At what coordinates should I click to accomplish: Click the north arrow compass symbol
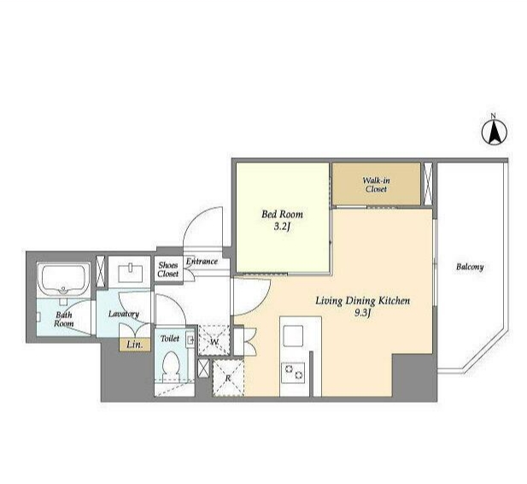tap(495, 132)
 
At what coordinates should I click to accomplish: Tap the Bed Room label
tap(283, 214)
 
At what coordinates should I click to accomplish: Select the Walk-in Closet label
tap(376, 185)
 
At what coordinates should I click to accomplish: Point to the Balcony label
tap(470, 267)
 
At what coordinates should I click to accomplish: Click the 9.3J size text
tap(362, 313)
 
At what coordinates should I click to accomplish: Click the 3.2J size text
tap(282, 227)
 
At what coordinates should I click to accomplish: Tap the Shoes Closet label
tap(168, 269)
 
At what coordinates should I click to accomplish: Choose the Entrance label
tap(202, 261)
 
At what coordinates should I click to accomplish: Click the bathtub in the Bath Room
tap(63, 280)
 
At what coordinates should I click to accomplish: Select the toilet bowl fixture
tap(171, 367)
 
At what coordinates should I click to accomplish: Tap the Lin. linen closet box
tap(135, 345)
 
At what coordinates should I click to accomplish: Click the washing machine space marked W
tap(214, 340)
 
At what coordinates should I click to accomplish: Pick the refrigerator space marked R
tap(228, 378)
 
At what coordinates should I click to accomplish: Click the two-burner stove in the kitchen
tap(293, 372)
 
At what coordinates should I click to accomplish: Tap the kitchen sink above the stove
tap(293, 336)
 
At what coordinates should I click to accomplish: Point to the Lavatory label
tap(124, 314)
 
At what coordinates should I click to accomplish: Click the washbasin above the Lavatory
tap(131, 273)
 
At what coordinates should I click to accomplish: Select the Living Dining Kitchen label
tap(363, 300)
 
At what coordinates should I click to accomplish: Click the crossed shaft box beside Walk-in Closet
tap(428, 184)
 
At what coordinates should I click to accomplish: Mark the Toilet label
tap(170, 339)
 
